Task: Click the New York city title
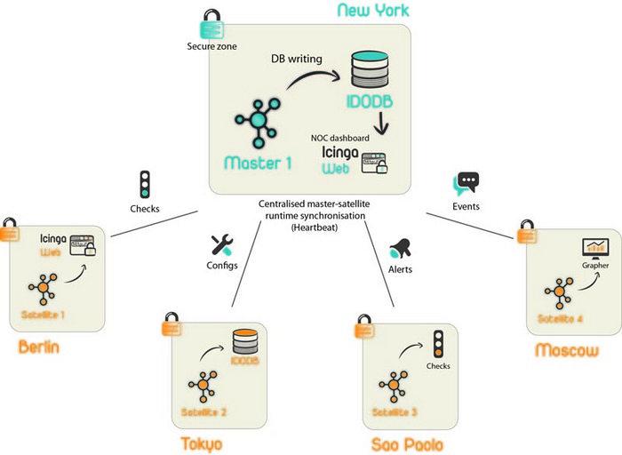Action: click(x=374, y=11)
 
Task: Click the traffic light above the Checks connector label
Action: click(x=143, y=184)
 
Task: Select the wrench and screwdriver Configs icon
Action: click(x=220, y=246)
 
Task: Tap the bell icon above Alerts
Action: click(x=400, y=246)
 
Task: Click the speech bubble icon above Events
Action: click(x=466, y=183)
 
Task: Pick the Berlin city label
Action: click(x=39, y=347)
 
